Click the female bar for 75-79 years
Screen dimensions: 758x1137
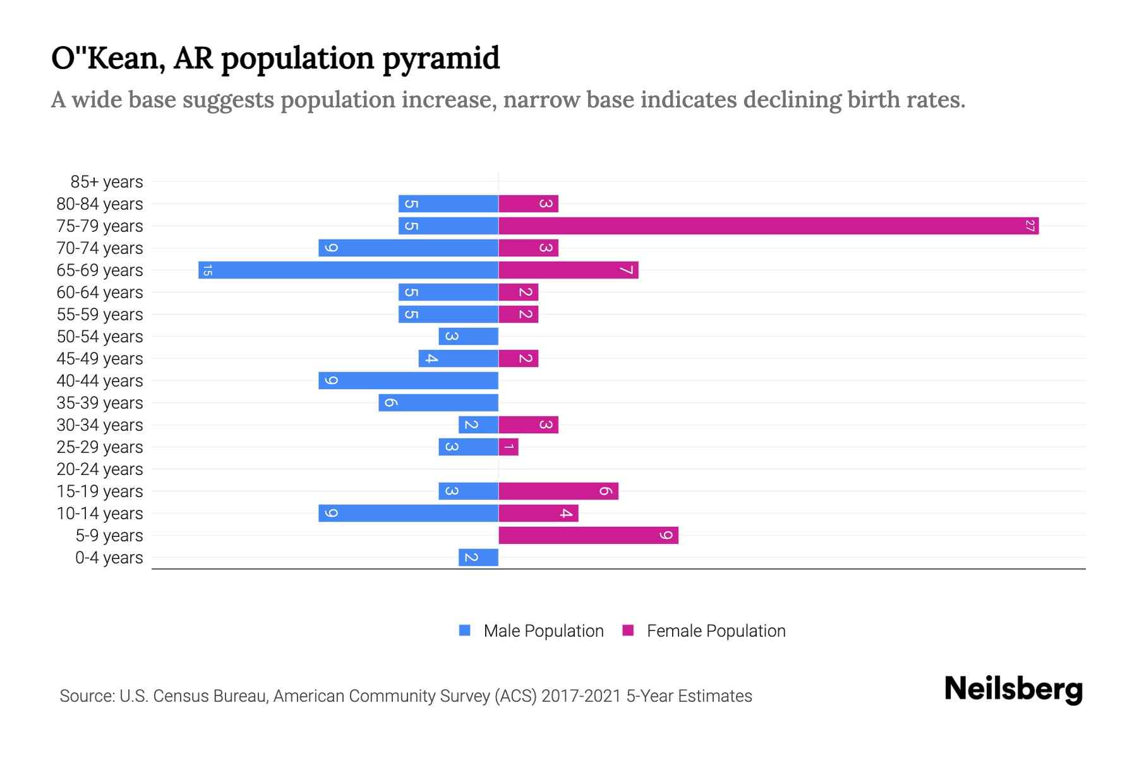(768, 226)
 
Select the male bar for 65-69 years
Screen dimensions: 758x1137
(348, 270)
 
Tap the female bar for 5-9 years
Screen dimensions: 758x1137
(588, 536)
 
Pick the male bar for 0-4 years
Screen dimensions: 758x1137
(478, 558)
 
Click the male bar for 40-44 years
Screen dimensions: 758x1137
(408, 381)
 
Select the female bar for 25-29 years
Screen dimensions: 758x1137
(508, 447)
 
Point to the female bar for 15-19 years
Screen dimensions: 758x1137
(558, 491)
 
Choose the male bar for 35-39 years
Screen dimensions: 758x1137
(438, 403)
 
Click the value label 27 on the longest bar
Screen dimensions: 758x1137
(1030, 226)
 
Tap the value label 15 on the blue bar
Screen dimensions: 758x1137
(207, 270)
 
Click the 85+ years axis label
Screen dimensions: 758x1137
(106, 182)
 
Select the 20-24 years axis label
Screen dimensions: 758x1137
(100, 469)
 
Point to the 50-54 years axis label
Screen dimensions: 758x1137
(100, 337)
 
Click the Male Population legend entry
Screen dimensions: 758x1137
(531, 631)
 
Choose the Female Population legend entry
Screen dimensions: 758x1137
(704, 631)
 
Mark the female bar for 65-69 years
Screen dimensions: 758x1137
(568, 270)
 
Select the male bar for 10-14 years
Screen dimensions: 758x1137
(408, 514)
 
